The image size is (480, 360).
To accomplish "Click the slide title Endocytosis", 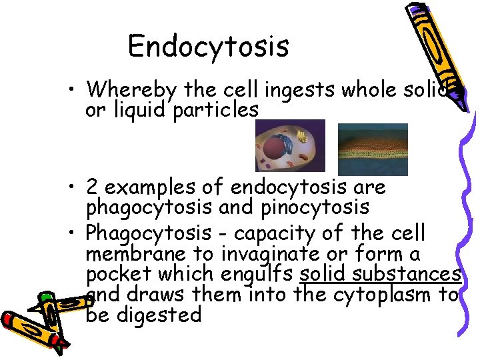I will tap(208, 47).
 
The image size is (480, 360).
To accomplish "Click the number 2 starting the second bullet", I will tap(94, 187).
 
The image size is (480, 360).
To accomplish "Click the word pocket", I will tap(117, 274).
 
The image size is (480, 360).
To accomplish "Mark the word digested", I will tap(159, 314).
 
